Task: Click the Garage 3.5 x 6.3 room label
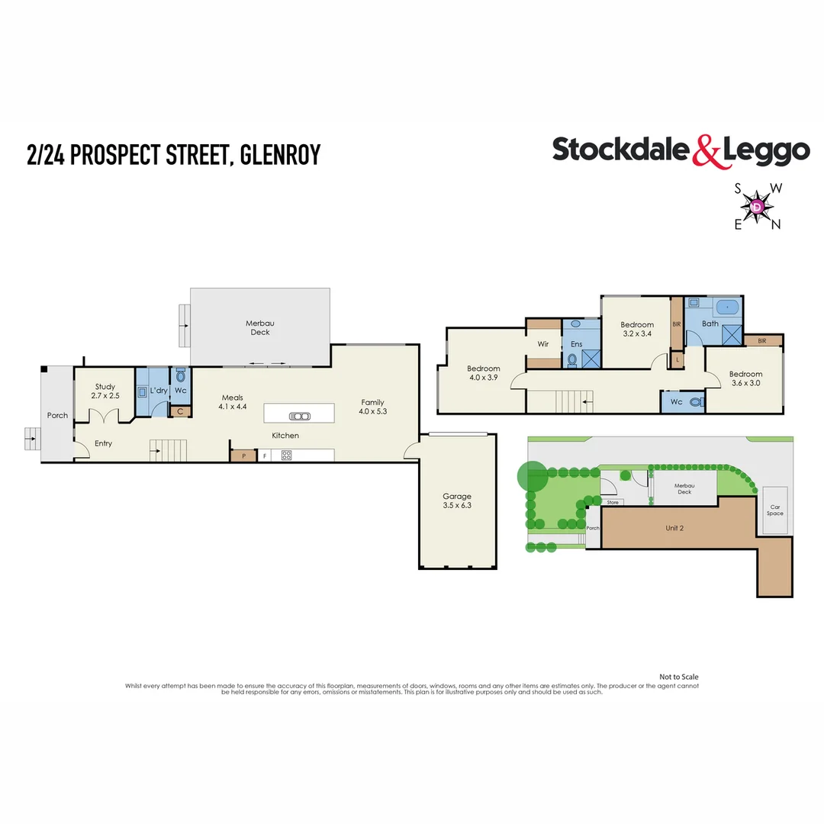click(x=457, y=501)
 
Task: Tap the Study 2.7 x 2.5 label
click(x=105, y=391)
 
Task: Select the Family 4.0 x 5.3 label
click(x=372, y=407)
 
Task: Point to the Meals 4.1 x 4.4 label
click(x=232, y=402)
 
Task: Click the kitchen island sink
click(x=300, y=417)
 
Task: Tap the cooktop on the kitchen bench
click(x=286, y=455)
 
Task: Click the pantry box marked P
click(x=243, y=455)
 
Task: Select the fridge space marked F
click(x=264, y=455)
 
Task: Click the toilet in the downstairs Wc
click(x=180, y=375)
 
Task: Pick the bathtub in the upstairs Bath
click(x=727, y=307)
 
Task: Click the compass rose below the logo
click(x=758, y=207)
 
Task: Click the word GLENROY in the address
click(x=280, y=154)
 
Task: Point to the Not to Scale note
click(x=678, y=677)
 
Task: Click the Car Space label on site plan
click(x=774, y=510)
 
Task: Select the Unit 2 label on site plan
click(x=674, y=528)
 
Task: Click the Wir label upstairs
click(x=543, y=344)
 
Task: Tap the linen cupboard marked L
click(x=678, y=360)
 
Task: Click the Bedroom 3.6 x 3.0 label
click(x=745, y=378)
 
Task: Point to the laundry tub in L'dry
click(x=142, y=392)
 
